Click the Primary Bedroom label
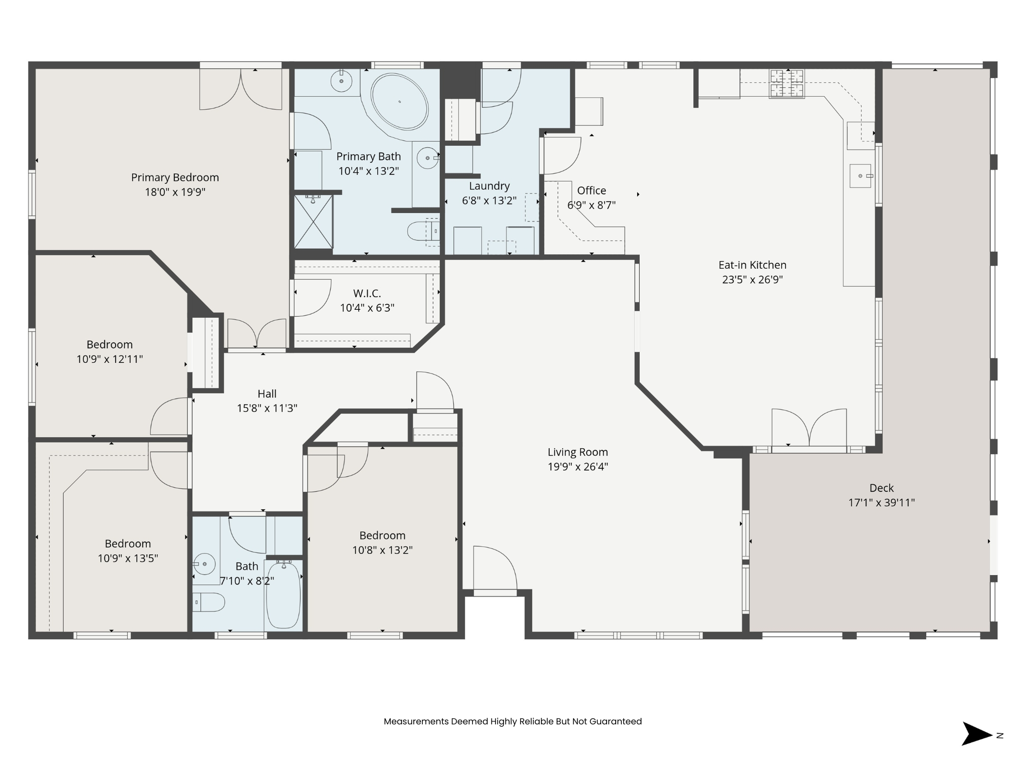point(175,177)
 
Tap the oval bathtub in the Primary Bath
point(399,102)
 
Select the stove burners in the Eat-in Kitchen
point(787,83)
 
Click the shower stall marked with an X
point(313,221)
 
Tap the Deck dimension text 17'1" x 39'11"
point(881,502)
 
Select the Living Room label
point(578,452)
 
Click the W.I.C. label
point(367,293)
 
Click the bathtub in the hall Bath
point(283,595)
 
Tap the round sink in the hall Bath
point(204,564)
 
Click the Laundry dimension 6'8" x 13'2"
point(489,201)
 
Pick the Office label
point(591,190)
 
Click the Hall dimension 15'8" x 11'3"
point(267,408)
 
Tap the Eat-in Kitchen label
point(752,265)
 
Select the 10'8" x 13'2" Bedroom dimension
point(382,550)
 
